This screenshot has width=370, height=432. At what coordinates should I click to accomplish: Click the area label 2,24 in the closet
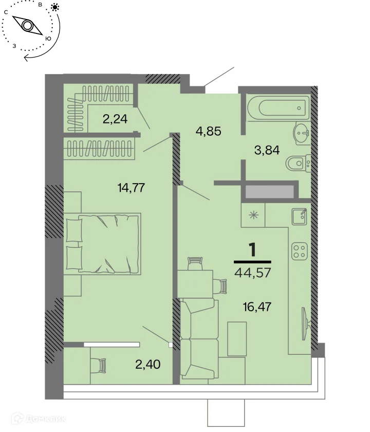pos(115,119)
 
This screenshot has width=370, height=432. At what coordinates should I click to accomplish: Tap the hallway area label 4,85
pos(209,132)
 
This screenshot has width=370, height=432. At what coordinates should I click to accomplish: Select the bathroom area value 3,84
pos(267,150)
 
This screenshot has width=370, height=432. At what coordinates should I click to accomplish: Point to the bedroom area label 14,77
pos(131,188)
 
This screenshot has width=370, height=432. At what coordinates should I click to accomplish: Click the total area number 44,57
pos(253,273)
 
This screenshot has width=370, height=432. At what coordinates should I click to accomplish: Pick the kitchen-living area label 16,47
pos(257,307)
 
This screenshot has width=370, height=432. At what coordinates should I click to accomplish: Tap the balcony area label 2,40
pos(148,365)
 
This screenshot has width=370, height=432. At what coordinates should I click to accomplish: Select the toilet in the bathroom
pos(298,164)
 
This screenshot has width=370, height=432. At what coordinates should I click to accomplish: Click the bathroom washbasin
pos(303,133)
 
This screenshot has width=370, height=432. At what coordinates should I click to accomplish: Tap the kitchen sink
pos(299,217)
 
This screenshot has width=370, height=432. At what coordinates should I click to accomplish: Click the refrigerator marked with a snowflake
pos(253,215)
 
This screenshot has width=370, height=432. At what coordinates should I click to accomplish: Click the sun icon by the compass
pos(55,7)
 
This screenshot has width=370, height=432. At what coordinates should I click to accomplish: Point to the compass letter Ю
pos(48,39)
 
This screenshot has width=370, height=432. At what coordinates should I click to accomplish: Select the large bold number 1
pos(252,249)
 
